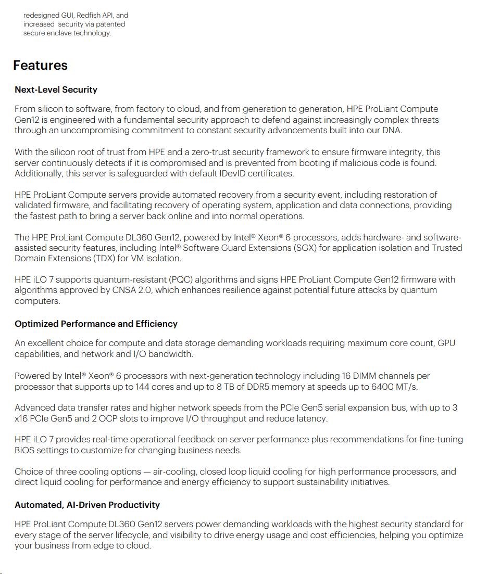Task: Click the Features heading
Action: (40, 66)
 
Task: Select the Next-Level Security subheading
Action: (56, 90)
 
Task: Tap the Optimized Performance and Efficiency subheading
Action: (96, 324)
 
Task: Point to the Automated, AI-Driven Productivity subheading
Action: (87, 505)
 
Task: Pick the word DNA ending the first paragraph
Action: (391, 131)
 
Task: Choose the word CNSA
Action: (126, 290)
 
